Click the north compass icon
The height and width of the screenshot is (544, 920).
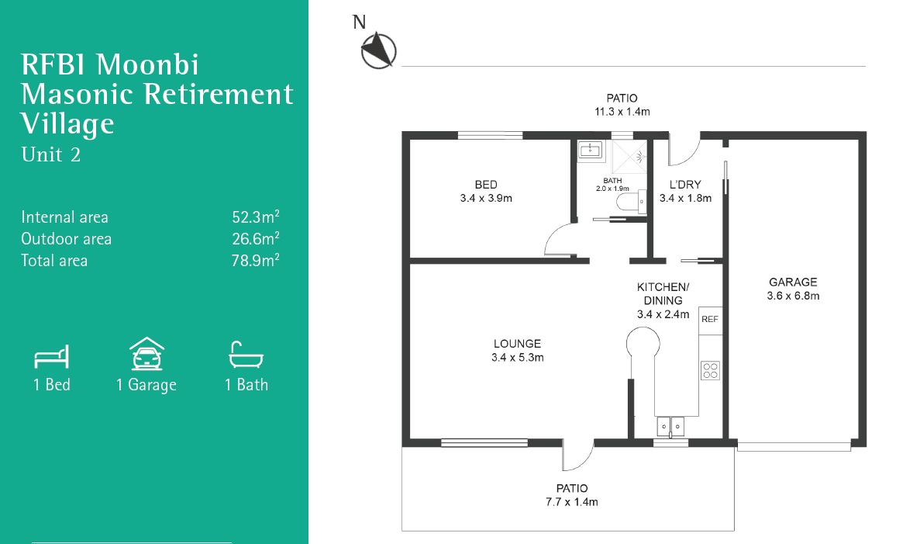tap(378, 50)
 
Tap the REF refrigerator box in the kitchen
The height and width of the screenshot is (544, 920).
tap(710, 319)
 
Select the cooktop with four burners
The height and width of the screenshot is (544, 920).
tap(710, 370)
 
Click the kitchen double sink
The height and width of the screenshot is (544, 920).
tap(671, 426)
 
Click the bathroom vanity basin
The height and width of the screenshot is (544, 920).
tap(591, 149)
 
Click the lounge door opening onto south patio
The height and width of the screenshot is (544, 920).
tap(577, 456)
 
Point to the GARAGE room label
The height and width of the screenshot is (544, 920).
tap(793, 282)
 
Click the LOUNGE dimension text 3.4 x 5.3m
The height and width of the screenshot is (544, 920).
tap(517, 358)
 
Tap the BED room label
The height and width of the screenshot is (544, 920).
tap(486, 185)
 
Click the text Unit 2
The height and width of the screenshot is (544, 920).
tap(51, 154)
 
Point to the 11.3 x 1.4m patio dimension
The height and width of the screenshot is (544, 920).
tap(622, 112)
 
